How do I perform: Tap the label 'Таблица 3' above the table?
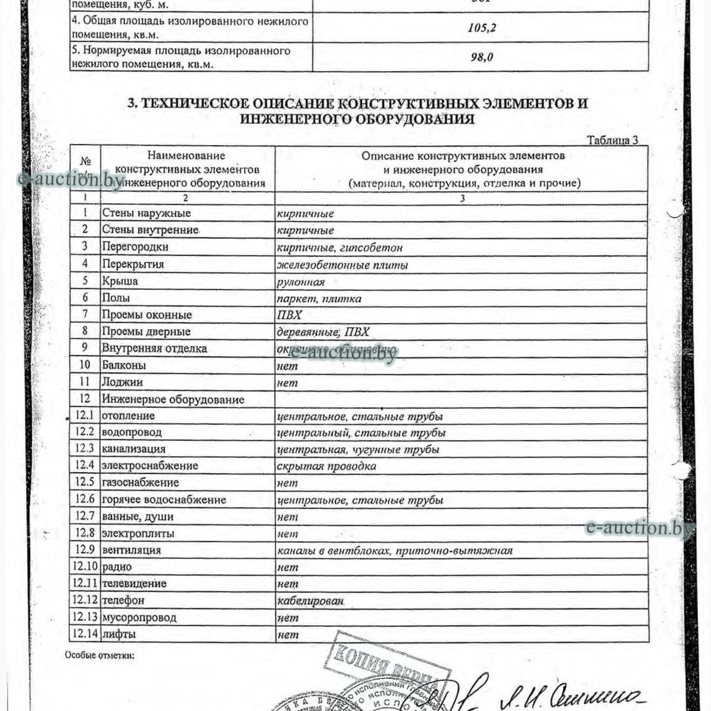pos(612,140)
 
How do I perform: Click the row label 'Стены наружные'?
pos(146,213)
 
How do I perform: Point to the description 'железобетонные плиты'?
pos(342,265)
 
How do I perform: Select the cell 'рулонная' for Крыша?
pos(301,282)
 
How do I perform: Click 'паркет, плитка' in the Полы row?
pos(319,299)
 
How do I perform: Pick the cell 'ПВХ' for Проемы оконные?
pos(290,315)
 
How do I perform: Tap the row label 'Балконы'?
pos(124,365)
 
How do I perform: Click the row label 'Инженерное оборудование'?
pos(173,399)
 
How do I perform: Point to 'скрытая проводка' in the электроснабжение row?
pos(326,466)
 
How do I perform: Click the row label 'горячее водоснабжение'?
pos(164,499)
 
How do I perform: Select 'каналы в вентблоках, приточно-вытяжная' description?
pos(395,550)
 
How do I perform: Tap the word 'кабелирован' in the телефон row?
pos(310,601)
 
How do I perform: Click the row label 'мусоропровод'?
pos(139,617)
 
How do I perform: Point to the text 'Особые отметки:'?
pos(100,655)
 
